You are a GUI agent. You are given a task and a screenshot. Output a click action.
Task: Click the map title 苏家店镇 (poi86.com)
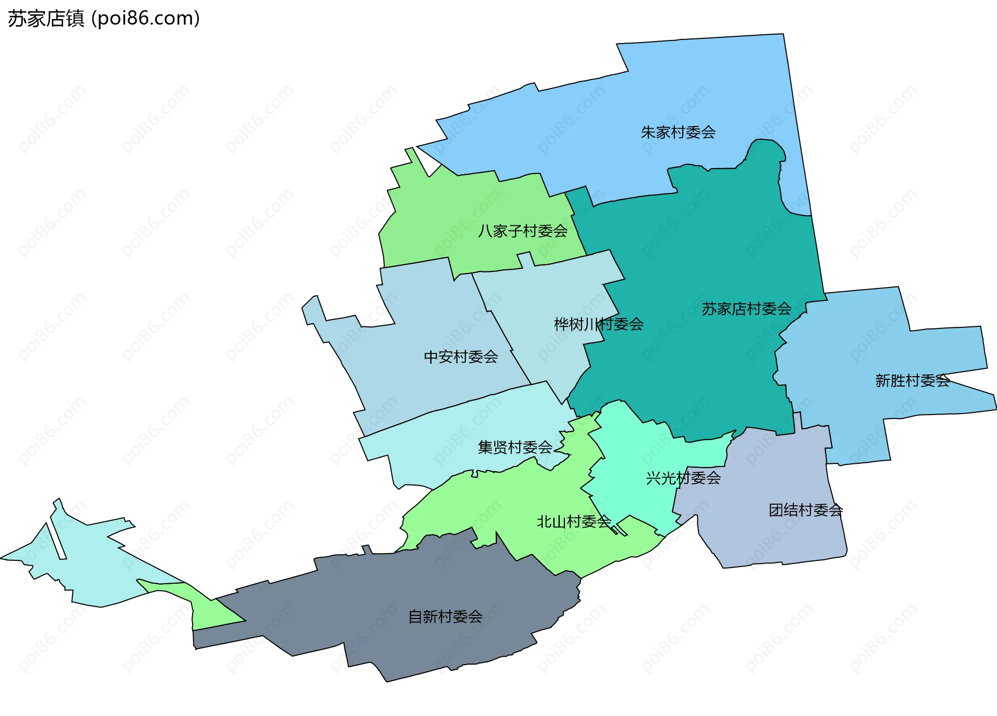[x=104, y=19]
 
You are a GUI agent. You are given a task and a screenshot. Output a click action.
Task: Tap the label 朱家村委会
[x=678, y=132]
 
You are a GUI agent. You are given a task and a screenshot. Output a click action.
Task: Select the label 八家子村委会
[x=522, y=231]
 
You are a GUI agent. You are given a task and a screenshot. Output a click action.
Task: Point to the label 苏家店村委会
[x=746, y=309]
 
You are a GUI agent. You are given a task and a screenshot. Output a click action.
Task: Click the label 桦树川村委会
[x=599, y=324]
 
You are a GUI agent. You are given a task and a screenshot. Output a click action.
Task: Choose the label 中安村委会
[x=461, y=356]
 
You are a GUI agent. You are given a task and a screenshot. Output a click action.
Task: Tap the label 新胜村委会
[x=912, y=380]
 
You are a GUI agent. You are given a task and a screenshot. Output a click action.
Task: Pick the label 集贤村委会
[x=515, y=447]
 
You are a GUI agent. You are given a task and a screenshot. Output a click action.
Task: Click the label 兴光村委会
[x=683, y=478]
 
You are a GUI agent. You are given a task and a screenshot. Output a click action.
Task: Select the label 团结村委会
[x=805, y=510]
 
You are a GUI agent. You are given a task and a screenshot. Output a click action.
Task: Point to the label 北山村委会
[x=573, y=521]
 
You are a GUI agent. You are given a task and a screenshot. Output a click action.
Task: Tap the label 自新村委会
[x=445, y=616]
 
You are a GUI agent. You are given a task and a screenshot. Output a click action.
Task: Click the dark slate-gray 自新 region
[x=363, y=597]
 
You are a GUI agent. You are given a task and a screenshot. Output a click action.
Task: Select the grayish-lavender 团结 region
[x=769, y=540]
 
